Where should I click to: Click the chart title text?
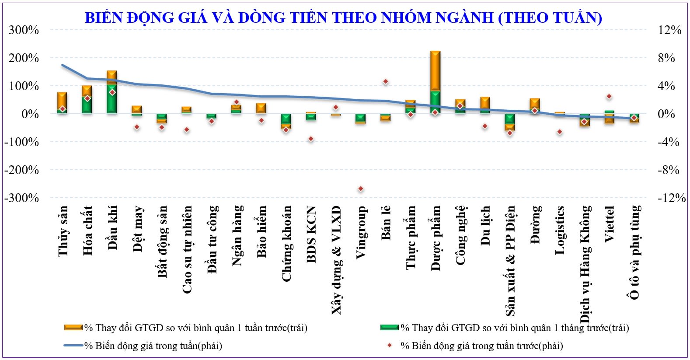tap(343, 17)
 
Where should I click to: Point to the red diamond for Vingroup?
tap(361, 189)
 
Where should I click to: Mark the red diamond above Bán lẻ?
tap(385, 82)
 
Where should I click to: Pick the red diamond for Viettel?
tap(609, 97)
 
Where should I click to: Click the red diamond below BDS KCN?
tap(311, 139)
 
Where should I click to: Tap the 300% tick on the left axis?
tap(24, 30)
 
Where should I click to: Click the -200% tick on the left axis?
tap(21, 170)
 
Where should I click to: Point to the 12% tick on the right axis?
tap(669, 30)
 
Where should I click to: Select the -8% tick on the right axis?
tap(669, 170)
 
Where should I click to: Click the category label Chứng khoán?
tap(286, 244)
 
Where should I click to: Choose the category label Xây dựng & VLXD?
tap(336, 260)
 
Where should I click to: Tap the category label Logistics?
tap(560, 230)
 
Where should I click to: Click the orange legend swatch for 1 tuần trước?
tap(73, 328)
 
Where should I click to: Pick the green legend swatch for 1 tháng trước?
tap(389, 328)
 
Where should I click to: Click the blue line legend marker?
tap(73, 346)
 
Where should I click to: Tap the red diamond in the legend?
tap(390, 346)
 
